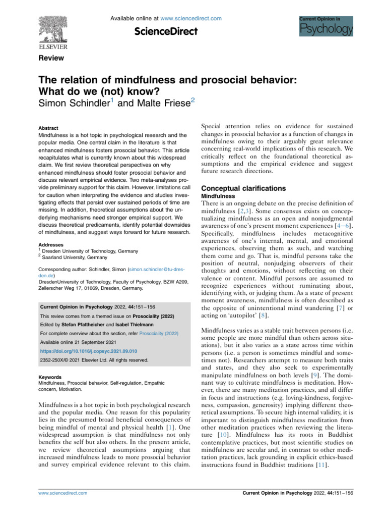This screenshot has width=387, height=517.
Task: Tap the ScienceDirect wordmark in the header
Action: (x=165, y=32)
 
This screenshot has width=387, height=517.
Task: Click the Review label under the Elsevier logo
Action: (x=51, y=58)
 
